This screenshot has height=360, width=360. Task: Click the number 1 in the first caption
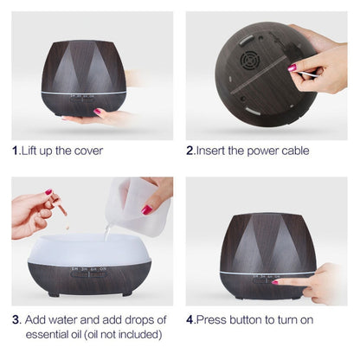coord(16,151)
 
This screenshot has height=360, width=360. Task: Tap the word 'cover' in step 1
coord(87,151)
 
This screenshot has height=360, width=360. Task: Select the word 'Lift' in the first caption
coord(33,151)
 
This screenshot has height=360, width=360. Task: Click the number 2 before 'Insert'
coord(190,151)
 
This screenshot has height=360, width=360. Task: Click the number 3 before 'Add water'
coord(16,318)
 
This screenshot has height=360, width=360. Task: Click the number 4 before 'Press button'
coord(190,318)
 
